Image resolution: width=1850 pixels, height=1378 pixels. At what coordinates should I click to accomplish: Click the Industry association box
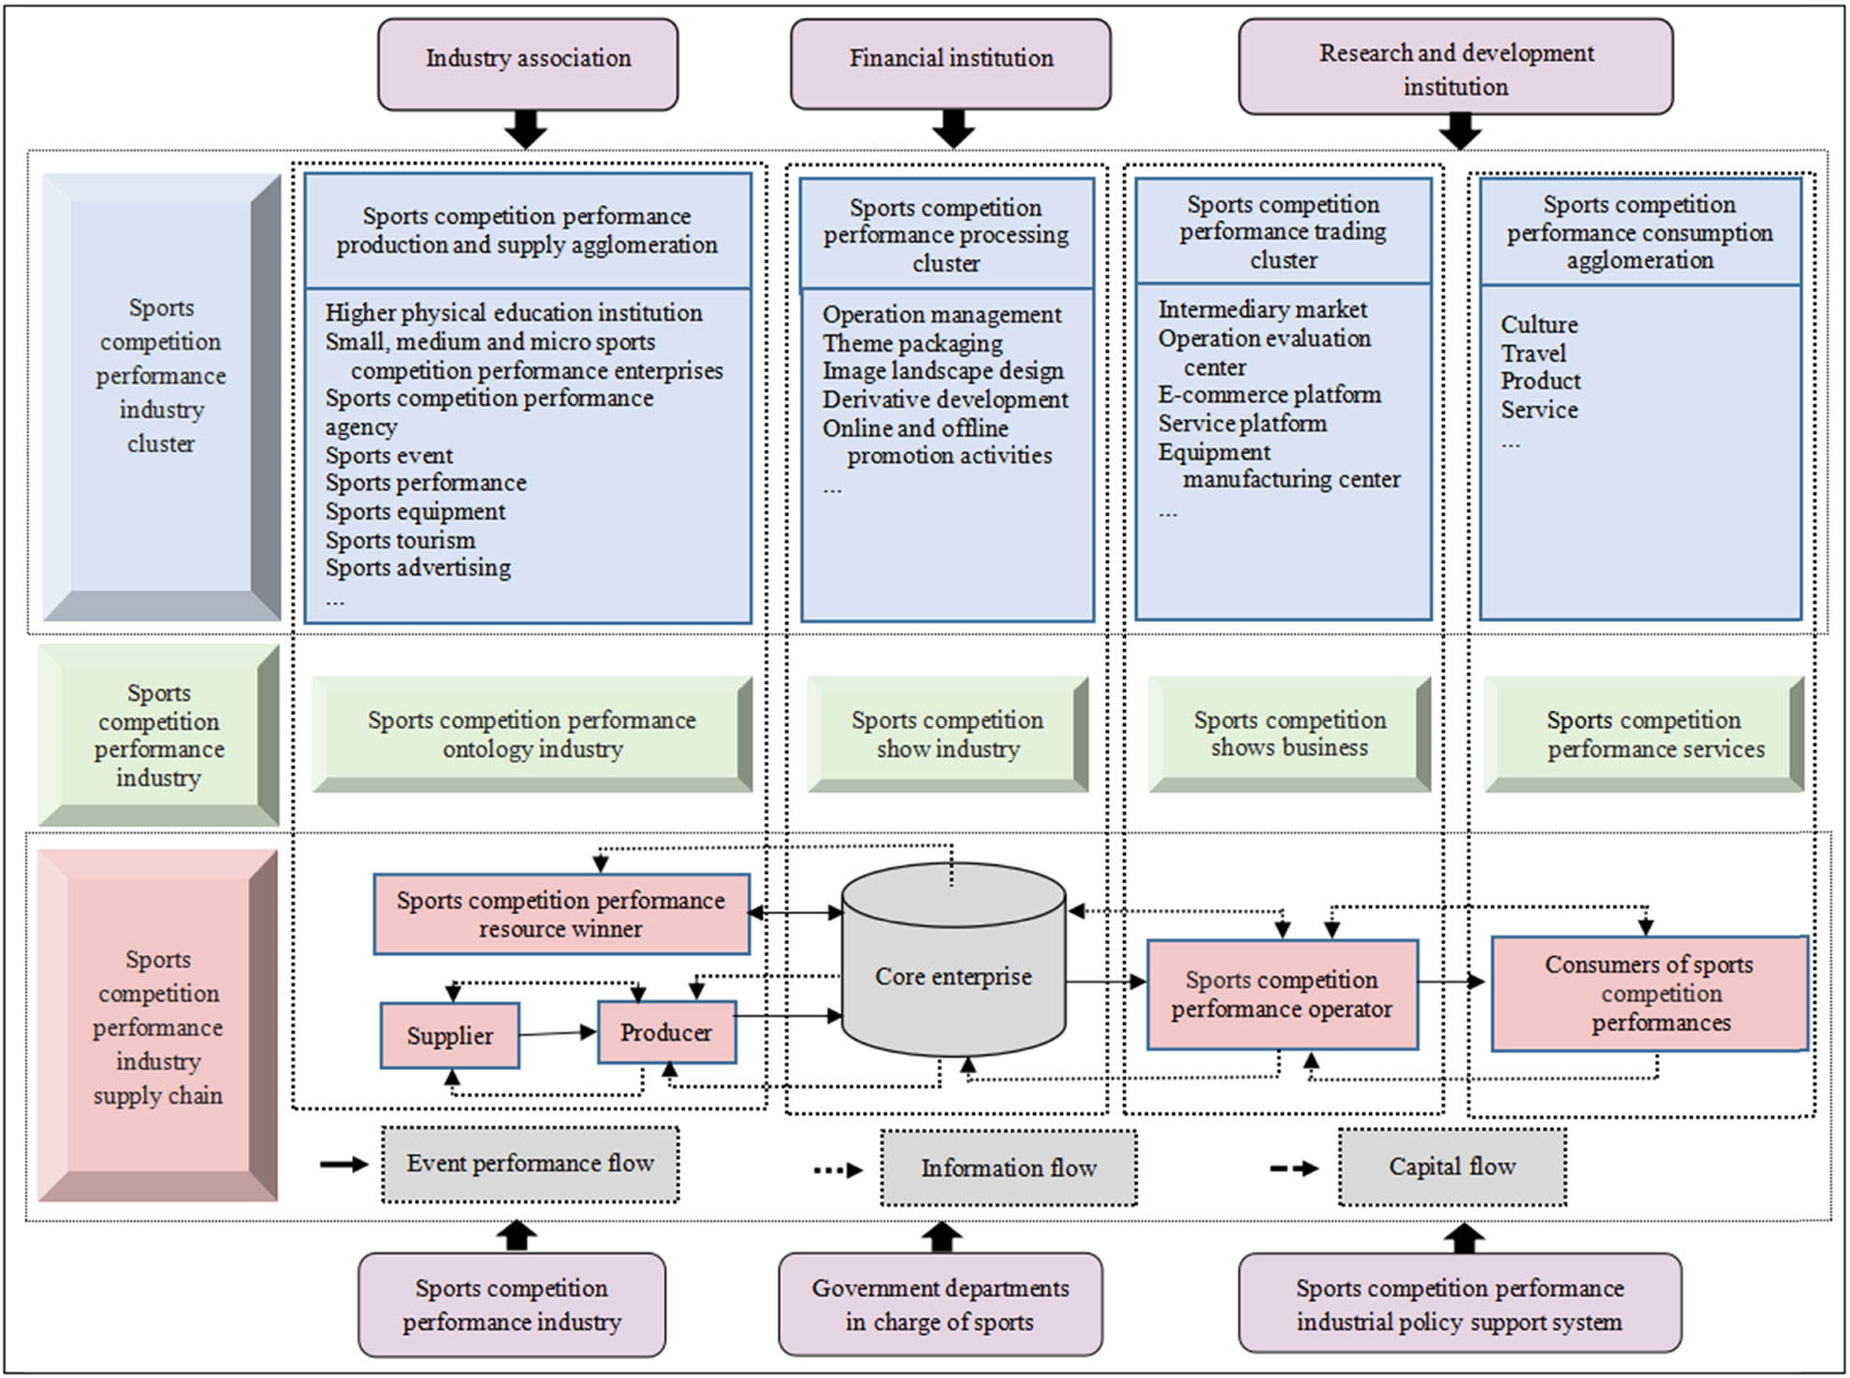(528, 63)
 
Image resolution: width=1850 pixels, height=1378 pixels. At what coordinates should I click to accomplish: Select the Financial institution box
(951, 63)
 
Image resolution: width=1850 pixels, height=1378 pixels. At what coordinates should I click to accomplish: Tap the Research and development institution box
(1455, 68)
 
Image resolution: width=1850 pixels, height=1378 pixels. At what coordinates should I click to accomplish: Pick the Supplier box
(450, 1036)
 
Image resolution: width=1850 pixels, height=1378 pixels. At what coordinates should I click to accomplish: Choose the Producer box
(666, 1033)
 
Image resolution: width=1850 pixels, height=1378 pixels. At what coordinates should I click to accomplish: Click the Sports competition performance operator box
(1281, 994)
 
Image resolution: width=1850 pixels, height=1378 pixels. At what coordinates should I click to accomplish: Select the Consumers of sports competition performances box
(1649, 994)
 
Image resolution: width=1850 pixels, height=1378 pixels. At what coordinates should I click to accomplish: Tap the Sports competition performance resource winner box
(561, 914)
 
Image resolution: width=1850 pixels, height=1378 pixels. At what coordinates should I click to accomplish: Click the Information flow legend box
(1008, 1168)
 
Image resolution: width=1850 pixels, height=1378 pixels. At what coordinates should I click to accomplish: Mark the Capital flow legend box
(1451, 1167)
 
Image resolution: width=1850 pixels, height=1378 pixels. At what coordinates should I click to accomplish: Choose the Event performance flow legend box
(530, 1164)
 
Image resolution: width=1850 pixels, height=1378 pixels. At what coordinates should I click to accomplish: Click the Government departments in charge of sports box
(940, 1304)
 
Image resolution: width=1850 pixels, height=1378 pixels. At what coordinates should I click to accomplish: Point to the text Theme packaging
(912, 343)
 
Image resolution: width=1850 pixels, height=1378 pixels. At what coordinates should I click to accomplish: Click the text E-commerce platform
(1269, 395)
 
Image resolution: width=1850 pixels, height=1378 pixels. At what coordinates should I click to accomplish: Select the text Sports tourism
(401, 541)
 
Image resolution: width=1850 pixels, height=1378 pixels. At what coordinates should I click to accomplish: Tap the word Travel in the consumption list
(1533, 354)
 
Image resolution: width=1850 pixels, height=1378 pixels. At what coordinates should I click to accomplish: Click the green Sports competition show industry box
(947, 734)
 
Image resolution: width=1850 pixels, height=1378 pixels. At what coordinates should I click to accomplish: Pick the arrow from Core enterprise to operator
(1105, 981)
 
